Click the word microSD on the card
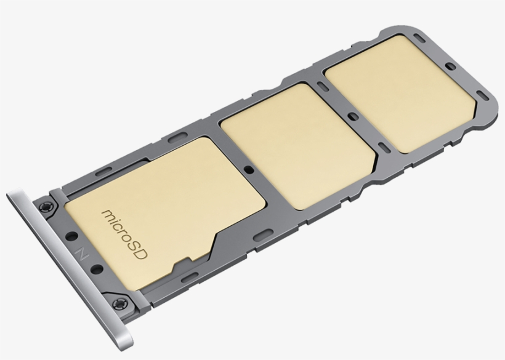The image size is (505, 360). pos(124,234)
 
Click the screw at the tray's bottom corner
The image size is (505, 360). pos(120,304)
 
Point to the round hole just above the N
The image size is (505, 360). pos(71,236)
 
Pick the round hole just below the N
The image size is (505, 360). pos(97,270)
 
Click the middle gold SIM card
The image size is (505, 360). pos(298,146)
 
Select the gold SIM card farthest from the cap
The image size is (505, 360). pos(400,94)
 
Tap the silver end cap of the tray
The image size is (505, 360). pos(69,270)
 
